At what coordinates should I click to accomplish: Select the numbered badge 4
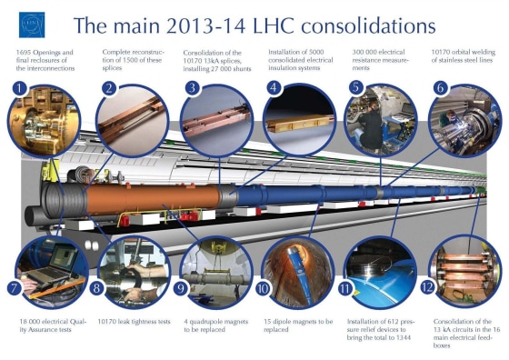tap(273, 88)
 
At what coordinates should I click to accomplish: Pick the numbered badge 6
tap(440, 88)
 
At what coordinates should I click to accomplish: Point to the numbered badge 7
tap(15, 287)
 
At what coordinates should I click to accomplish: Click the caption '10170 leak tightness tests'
tap(133, 321)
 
